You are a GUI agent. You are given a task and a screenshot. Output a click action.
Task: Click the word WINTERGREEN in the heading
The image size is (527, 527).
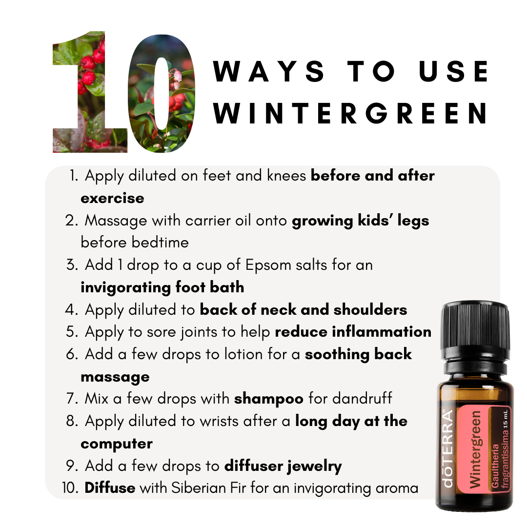click(350, 114)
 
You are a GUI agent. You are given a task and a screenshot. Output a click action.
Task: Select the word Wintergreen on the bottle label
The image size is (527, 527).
click(476, 449)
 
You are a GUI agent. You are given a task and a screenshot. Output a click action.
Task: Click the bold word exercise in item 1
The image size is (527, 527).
click(112, 198)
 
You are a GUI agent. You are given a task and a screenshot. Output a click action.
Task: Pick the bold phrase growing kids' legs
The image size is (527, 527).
click(360, 221)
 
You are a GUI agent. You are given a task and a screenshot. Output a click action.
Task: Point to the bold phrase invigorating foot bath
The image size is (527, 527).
click(162, 287)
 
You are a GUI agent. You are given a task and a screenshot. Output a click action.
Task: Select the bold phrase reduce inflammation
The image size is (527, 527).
click(353, 332)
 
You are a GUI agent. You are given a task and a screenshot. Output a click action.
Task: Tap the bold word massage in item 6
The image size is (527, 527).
click(115, 377)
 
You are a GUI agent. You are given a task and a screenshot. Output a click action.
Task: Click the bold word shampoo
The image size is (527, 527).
click(268, 399)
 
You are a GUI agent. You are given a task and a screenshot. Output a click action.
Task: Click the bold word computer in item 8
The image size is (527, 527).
click(116, 444)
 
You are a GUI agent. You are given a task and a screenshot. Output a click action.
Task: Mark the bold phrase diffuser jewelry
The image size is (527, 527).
click(283, 466)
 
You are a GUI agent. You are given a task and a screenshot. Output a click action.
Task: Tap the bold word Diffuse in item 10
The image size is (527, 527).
click(110, 488)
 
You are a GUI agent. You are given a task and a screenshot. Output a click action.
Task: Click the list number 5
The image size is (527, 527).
click(71, 332)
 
